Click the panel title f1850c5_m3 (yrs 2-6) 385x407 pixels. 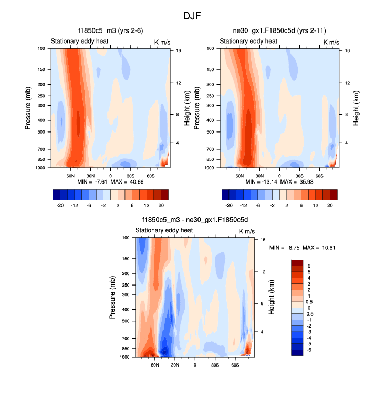tap(110, 31)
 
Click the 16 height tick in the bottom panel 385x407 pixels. tap(263, 239)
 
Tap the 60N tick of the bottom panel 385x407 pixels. tap(155, 364)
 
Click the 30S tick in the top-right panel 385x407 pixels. tap(299, 175)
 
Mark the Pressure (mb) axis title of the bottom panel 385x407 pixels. tap(112, 298)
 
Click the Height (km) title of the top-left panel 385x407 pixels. tap(187, 108)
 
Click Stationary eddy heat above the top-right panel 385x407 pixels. tap(248, 42)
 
